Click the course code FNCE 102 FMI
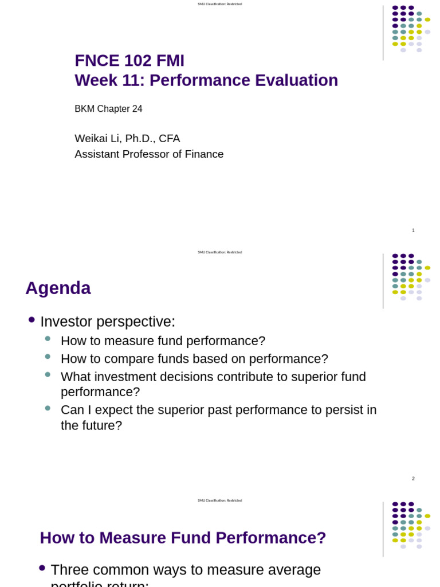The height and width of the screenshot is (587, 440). [129, 61]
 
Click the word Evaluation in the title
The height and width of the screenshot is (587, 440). [296, 80]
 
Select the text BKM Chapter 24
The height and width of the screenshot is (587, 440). [108, 109]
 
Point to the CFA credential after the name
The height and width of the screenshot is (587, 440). [169, 138]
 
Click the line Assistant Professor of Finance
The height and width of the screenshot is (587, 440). [149, 154]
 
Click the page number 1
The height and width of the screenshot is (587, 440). [413, 230]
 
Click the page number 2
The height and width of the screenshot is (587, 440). [413, 479]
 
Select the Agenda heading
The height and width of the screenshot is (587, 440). [58, 288]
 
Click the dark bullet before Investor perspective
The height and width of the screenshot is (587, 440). [32, 320]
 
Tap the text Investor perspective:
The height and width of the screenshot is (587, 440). [108, 322]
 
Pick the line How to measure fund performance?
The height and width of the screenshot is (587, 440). [163, 341]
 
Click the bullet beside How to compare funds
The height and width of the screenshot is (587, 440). [48, 357]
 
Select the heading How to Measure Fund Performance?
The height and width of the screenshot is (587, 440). [183, 538]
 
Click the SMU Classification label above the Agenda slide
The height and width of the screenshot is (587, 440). [219, 252]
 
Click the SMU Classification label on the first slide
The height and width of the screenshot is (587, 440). [219, 4]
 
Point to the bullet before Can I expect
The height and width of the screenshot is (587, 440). [48, 408]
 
